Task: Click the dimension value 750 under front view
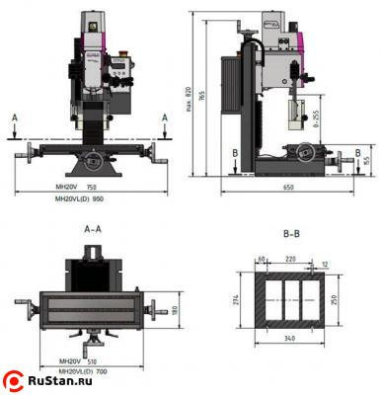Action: (x=92, y=187)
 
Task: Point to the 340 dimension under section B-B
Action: (x=290, y=339)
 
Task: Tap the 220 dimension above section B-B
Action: (x=290, y=259)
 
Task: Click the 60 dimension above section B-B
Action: (x=262, y=259)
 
